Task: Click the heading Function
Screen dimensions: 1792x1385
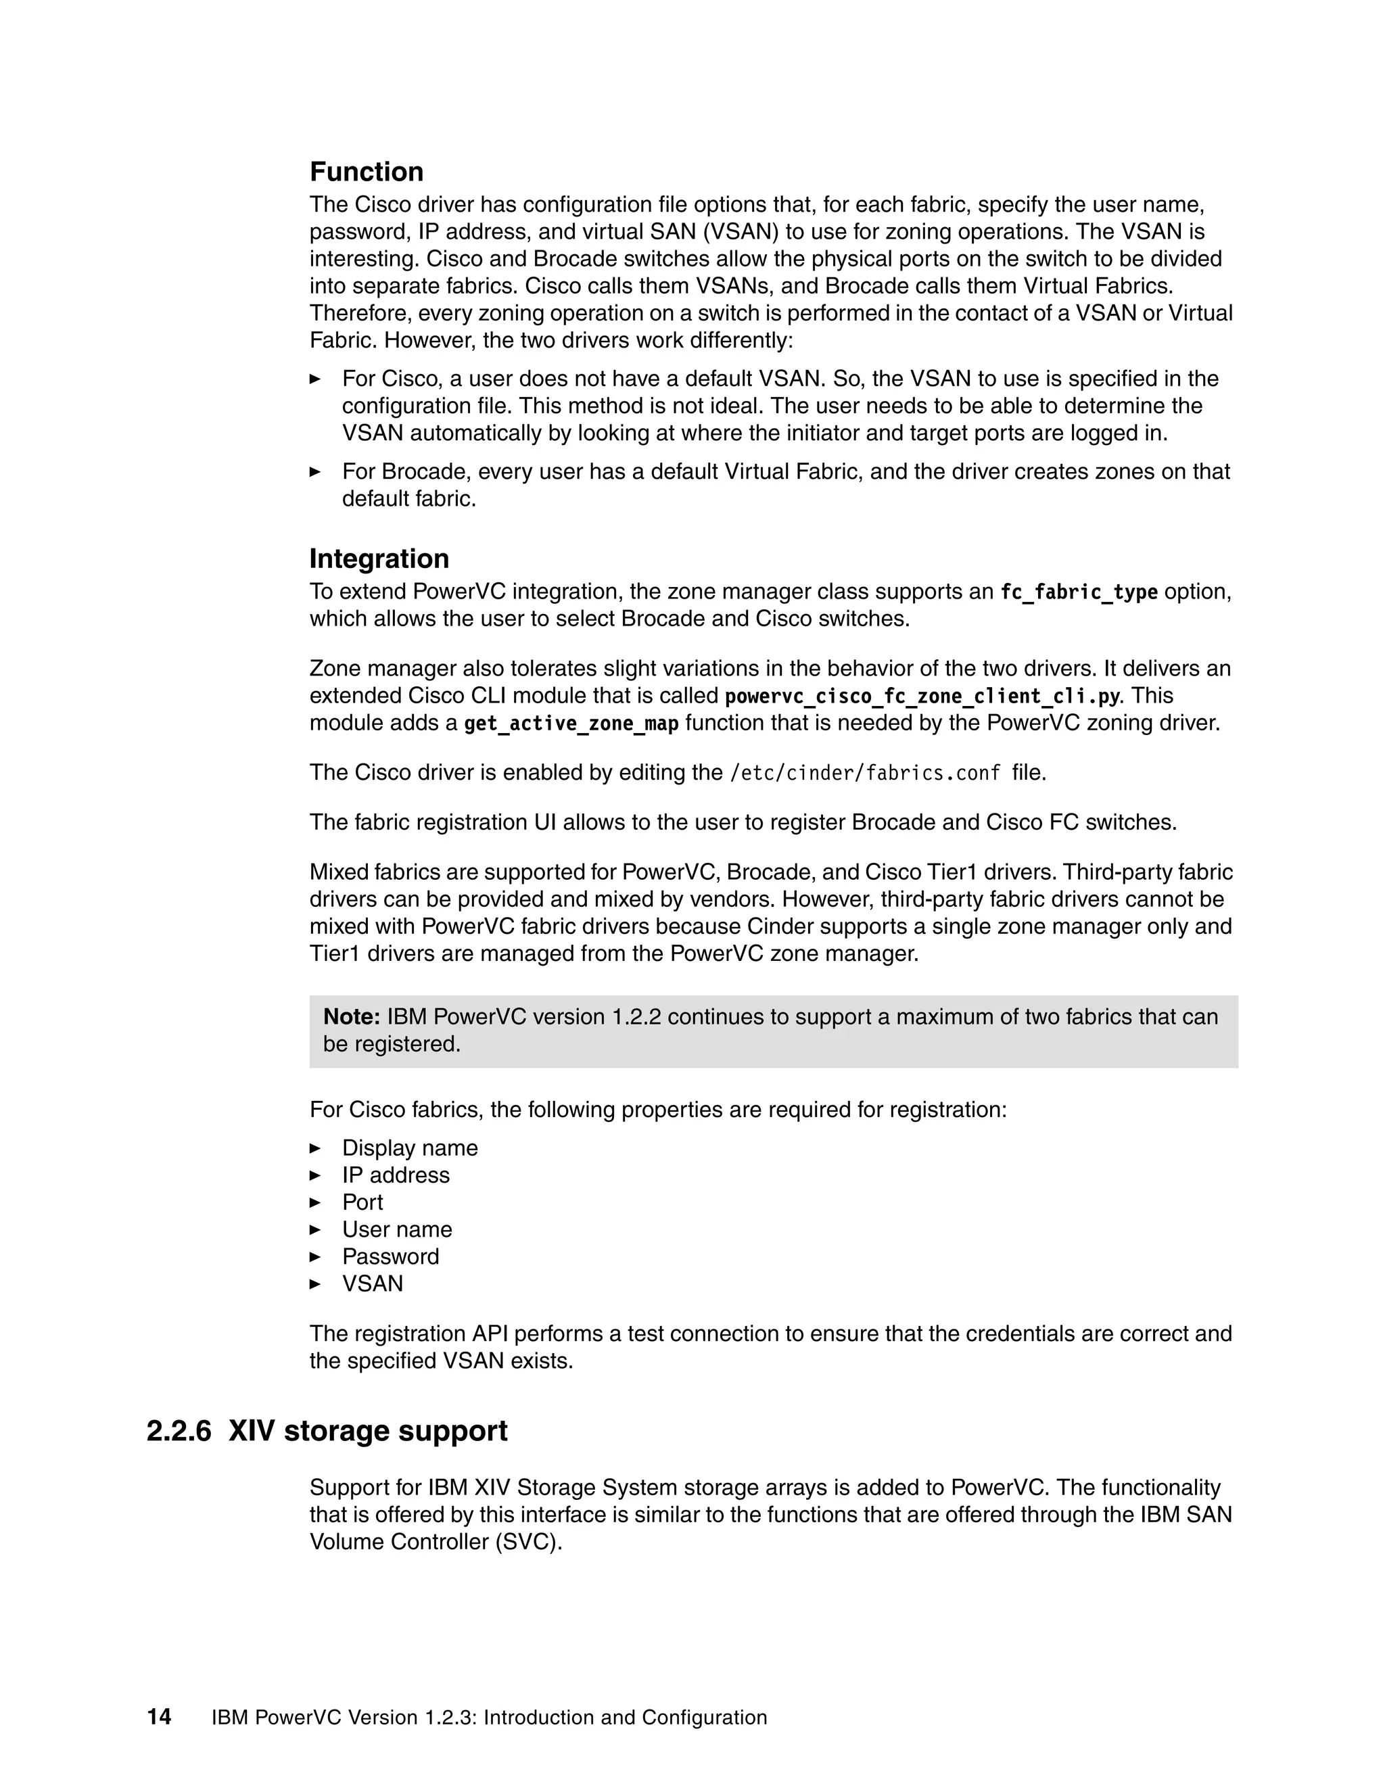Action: pyautogui.click(x=366, y=172)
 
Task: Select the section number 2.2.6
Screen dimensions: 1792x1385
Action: pyautogui.click(x=178, y=1430)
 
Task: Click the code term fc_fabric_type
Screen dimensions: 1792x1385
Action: pyautogui.click(x=1078, y=592)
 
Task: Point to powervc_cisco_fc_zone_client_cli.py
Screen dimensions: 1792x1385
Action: pyautogui.click(x=922, y=696)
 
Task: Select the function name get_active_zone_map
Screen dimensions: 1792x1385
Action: pyautogui.click(x=571, y=723)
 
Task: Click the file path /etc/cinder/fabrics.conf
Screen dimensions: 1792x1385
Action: pyautogui.click(x=865, y=773)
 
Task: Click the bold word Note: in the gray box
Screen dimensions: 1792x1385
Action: pyautogui.click(x=351, y=1016)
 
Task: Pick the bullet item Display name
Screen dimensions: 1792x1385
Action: pyautogui.click(x=409, y=1148)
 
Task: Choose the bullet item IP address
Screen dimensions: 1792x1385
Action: pyautogui.click(x=396, y=1175)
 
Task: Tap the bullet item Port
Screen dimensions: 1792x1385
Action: pyautogui.click(x=362, y=1202)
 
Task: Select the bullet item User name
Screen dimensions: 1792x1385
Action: pyautogui.click(x=397, y=1229)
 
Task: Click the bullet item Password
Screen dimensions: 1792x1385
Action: pyautogui.click(x=391, y=1256)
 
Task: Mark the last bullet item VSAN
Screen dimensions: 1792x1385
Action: pyautogui.click(x=373, y=1283)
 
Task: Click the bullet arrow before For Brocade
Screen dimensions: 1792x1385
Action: pyautogui.click(x=315, y=472)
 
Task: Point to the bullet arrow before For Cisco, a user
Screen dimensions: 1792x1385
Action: pyautogui.click(x=315, y=379)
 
